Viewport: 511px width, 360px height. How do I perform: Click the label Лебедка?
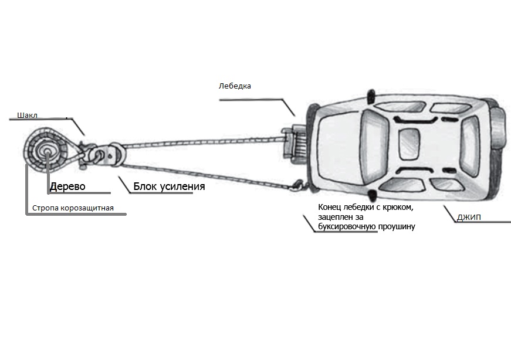tap(235, 86)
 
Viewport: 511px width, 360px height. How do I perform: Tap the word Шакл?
tap(19, 116)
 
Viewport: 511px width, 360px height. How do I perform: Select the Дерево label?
tap(68, 186)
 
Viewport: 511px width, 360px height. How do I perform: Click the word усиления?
tap(181, 186)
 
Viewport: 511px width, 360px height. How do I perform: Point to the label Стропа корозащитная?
tap(73, 208)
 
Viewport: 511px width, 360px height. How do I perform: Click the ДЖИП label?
tap(469, 218)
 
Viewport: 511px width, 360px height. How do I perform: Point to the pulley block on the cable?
tap(114, 155)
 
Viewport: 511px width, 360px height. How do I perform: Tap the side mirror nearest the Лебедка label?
tap(370, 94)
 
